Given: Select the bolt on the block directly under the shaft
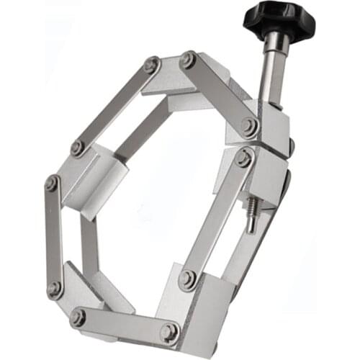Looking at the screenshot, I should tap(249, 127).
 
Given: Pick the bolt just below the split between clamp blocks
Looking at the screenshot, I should tap(243, 158).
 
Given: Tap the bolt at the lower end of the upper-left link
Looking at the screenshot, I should tap(78, 148).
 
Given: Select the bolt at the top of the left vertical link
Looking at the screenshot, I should tap(52, 183).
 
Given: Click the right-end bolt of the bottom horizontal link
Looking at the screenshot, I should tap(169, 332).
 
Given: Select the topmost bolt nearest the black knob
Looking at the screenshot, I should tap(189, 59).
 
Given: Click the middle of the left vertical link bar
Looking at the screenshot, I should tap(54, 236).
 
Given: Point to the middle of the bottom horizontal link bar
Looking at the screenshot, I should tap(123, 324).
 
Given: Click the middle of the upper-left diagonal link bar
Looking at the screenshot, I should tap(114, 107).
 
